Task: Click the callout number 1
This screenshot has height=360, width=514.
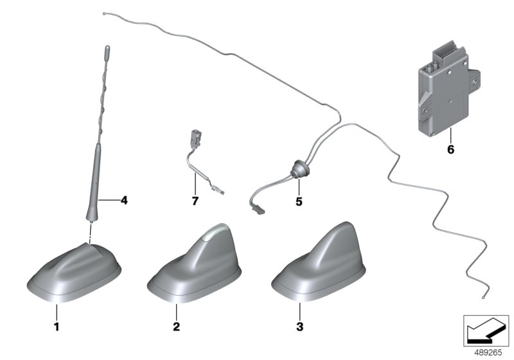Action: pos(57,327)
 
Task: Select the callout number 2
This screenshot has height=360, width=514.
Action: pos(176,327)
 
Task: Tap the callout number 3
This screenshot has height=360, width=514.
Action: pos(299,327)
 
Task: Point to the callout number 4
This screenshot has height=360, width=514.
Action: pos(124,200)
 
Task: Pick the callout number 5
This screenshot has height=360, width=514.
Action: pos(299,201)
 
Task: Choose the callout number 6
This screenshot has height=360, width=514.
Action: pos(451,150)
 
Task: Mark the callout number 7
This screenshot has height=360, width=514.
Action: pos(195,201)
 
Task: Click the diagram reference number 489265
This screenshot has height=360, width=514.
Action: pos(488,353)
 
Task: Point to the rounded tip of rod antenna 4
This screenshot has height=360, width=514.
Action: pos(107,48)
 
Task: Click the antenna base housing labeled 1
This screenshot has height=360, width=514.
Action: pos(74,272)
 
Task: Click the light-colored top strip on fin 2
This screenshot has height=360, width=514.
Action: pos(215,232)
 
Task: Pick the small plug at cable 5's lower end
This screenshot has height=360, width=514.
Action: pos(258,209)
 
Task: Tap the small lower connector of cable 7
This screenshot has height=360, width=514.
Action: pos(217,190)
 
